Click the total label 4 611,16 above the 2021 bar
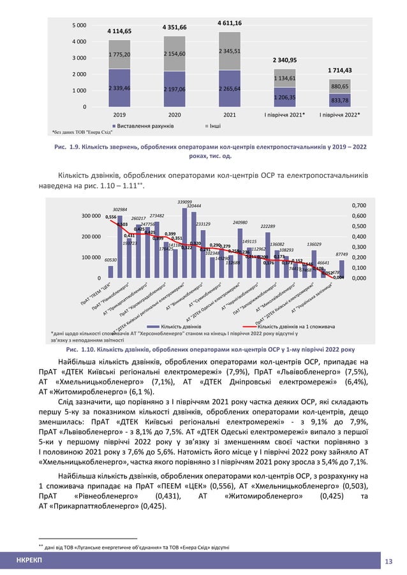(x=229, y=23)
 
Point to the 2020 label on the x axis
(x=174, y=115)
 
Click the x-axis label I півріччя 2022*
(x=339, y=115)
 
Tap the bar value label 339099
(x=185, y=201)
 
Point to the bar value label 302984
(x=119, y=209)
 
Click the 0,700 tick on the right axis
(x=359, y=206)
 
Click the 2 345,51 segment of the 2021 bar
(x=229, y=51)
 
